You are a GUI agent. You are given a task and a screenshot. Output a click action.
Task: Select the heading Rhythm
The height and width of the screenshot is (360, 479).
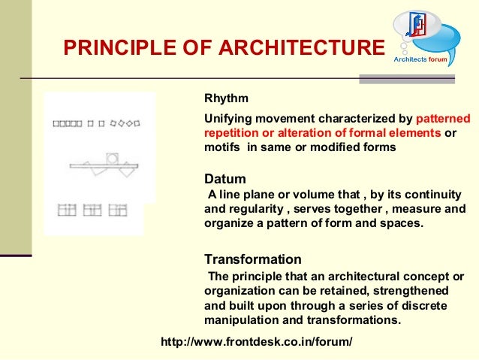[227, 98]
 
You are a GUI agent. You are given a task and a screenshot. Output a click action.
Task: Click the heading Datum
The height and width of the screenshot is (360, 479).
[225, 179]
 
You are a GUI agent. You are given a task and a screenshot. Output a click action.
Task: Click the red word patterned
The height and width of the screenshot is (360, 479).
[443, 119]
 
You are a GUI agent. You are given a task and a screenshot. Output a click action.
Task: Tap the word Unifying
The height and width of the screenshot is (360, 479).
[228, 119]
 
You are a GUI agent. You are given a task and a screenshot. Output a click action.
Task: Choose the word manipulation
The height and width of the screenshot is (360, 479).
[243, 319]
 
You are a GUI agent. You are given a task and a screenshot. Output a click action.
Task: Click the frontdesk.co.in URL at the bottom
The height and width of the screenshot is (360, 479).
[257, 343]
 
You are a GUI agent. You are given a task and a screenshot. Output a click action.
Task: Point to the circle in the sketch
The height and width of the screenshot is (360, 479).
[112, 159]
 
